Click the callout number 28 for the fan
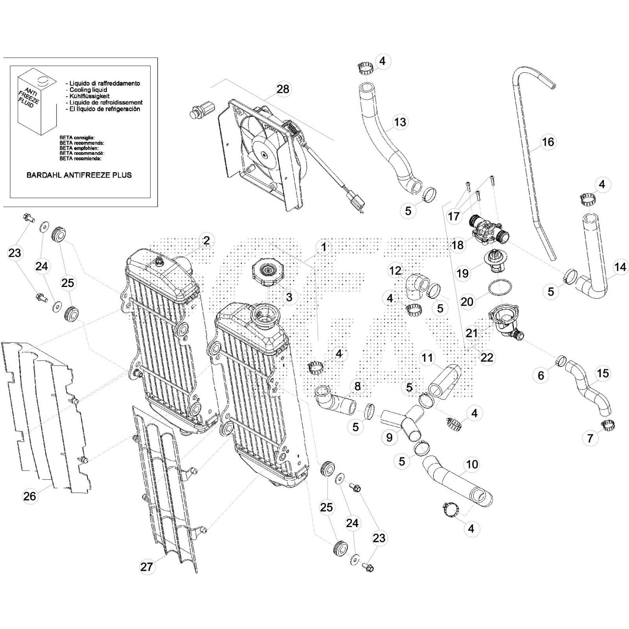coord(283,89)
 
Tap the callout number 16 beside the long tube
coord(548,142)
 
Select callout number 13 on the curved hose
coord(400,122)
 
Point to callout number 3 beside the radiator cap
coord(289,297)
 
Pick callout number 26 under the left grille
coord(29,496)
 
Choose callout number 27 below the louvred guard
coord(147,566)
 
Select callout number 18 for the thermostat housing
coord(458,245)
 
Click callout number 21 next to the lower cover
coord(471,333)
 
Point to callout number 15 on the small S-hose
coord(603,373)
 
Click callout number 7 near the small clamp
coord(590,438)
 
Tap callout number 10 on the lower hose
coord(472,464)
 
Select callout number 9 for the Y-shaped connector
coord(389,438)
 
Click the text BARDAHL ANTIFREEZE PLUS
coord(79,175)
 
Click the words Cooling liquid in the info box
coord(88,90)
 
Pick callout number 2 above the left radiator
coord(206,240)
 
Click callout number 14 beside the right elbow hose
coord(620,267)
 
